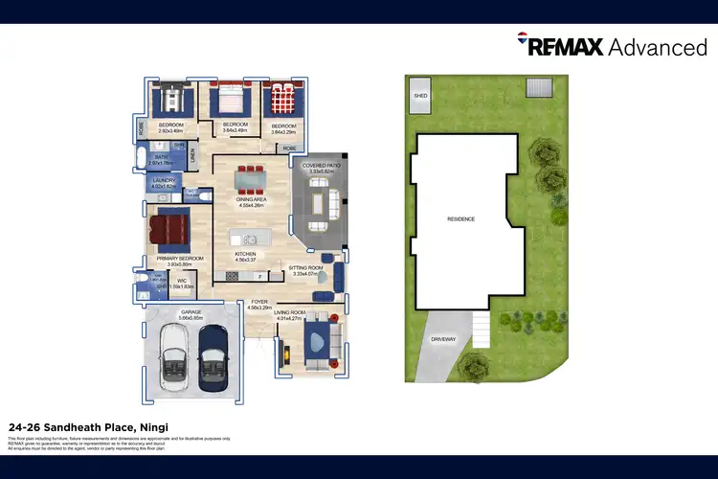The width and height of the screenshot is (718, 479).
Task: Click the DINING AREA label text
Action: [x=251, y=199]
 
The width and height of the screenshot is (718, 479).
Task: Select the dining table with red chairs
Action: [x=253, y=178]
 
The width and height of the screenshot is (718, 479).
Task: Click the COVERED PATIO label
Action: [x=322, y=166]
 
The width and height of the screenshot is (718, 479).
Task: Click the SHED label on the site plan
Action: [x=419, y=96]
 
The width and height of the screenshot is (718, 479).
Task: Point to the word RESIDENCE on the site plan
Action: [x=460, y=218]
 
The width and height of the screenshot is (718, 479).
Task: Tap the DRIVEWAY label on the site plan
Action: [x=441, y=339]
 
